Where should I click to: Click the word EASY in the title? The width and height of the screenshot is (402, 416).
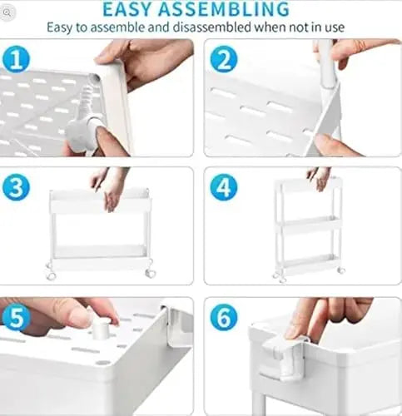tap(131, 9)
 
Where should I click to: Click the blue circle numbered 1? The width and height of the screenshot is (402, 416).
tap(17, 59)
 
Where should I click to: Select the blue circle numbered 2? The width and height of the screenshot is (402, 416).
tap(223, 59)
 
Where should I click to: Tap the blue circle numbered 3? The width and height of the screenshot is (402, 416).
tap(17, 186)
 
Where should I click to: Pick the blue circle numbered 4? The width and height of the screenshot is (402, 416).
tap(223, 186)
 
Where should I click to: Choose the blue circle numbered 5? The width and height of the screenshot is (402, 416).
tap(17, 317)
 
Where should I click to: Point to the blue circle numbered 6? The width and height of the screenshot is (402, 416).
tap(223, 317)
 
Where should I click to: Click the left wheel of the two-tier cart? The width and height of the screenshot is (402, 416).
tap(51, 273)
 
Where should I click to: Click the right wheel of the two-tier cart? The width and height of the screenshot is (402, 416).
tap(150, 272)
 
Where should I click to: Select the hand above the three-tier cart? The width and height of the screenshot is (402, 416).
tap(319, 176)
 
